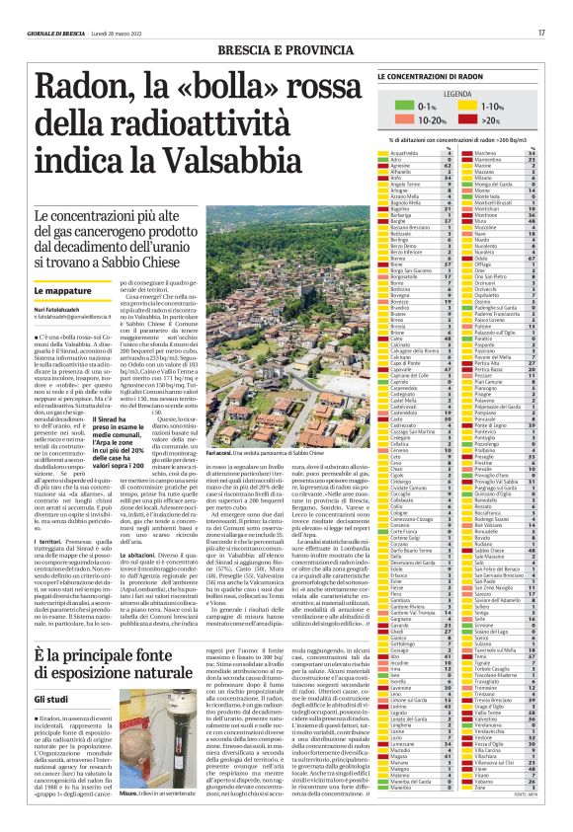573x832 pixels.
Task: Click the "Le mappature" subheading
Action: click(56, 292)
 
